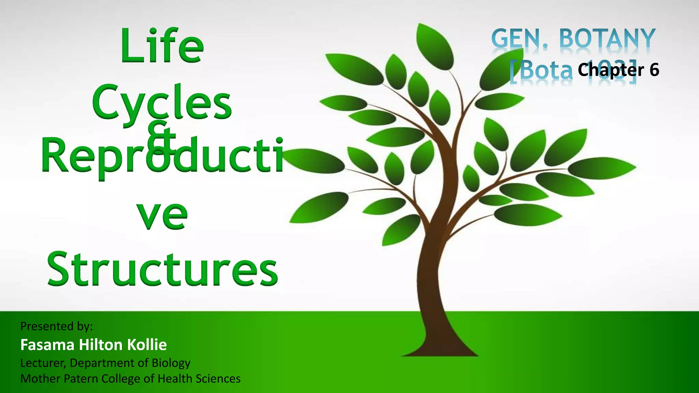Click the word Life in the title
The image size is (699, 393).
(162, 46)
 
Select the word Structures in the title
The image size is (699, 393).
(162, 270)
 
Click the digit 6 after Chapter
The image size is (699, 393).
(654, 70)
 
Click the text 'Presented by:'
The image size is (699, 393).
(57, 326)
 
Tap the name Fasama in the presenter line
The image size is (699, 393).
(47, 345)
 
